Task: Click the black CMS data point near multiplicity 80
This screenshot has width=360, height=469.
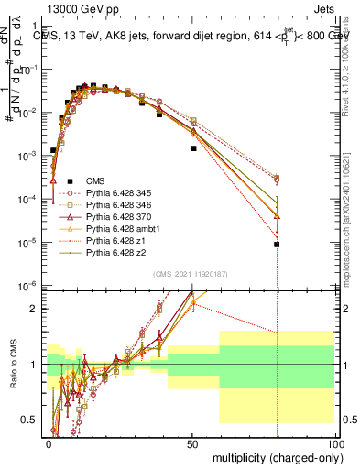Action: pyautogui.click(x=277, y=245)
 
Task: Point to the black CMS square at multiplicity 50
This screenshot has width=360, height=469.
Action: pyautogui.click(x=193, y=147)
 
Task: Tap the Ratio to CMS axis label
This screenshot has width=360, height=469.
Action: pyautogui.click(x=12, y=364)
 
